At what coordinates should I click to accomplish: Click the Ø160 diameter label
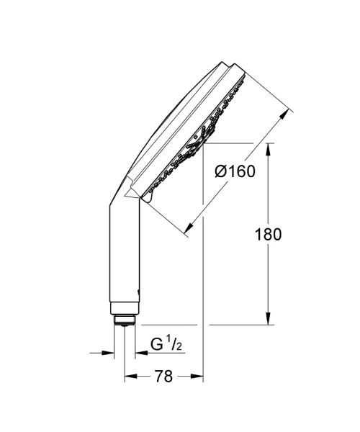click(x=235, y=171)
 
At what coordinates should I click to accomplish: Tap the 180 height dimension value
click(x=268, y=235)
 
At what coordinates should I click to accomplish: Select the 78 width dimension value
click(x=163, y=376)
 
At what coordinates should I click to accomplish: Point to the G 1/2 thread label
click(x=166, y=345)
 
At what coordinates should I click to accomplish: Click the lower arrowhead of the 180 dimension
click(x=269, y=319)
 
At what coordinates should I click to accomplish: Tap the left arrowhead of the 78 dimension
click(x=131, y=376)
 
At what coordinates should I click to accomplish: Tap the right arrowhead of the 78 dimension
click(x=197, y=376)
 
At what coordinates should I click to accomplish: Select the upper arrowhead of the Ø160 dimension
click(x=285, y=115)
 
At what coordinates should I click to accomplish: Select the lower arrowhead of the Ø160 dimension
click(x=189, y=227)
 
